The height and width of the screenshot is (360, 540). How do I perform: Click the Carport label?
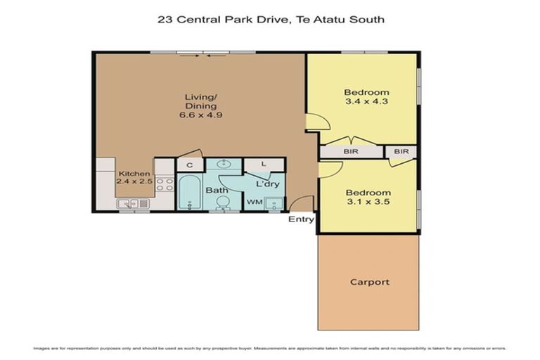[x=369, y=282]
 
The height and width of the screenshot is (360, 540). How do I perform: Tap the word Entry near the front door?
[x=301, y=219]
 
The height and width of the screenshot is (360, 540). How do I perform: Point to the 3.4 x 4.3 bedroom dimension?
[x=366, y=101]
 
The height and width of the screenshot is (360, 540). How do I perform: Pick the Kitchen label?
[x=134, y=174]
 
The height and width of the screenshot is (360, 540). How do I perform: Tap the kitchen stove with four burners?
[x=164, y=185]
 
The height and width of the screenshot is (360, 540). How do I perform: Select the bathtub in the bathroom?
[x=188, y=193]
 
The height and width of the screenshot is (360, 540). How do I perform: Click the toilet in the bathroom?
[x=222, y=202]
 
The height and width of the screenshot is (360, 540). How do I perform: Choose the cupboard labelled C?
[x=189, y=165]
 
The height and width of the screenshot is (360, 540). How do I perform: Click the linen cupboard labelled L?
[x=263, y=165]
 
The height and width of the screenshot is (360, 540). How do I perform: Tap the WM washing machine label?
[x=253, y=202]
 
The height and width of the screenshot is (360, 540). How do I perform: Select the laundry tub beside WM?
[x=275, y=203]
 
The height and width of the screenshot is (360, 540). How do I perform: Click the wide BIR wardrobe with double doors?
[x=351, y=151]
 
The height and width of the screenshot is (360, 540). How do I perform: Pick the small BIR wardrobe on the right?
[x=401, y=151]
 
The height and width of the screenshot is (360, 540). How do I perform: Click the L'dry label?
[x=267, y=184]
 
